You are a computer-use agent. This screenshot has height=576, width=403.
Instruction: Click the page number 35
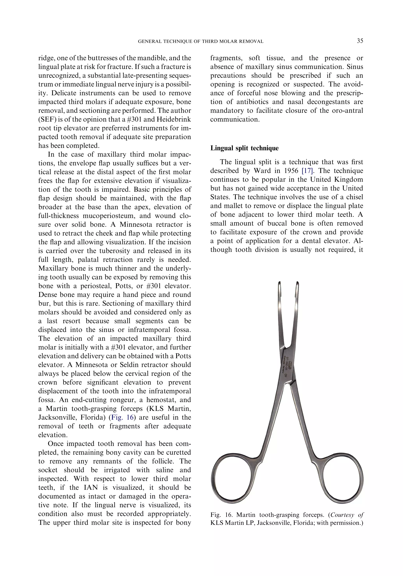pos(360,41)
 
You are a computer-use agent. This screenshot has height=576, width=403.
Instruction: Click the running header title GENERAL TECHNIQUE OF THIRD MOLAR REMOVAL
pos(201,41)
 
